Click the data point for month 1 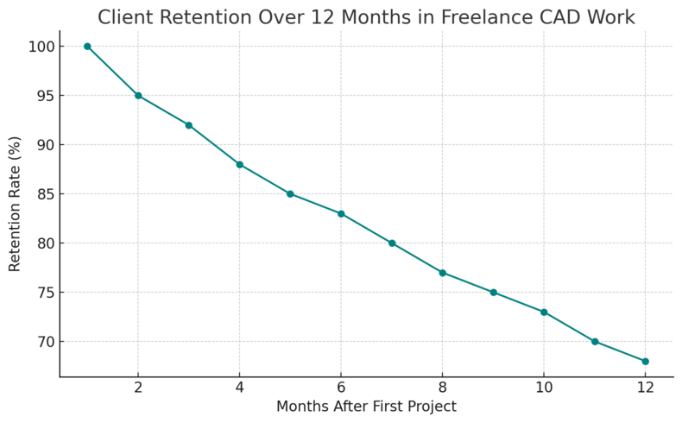[87, 46]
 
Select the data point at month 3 [189, 125]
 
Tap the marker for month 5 [290, 193]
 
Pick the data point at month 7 [392, 243]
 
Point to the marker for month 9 [493, 293]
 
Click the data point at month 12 [646, 361]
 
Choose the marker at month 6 [341, 213]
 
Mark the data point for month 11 [595, 342]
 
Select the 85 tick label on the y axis [43, 194]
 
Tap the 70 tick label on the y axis [43, 342]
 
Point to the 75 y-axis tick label [43, 293]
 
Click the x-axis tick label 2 [138, 388]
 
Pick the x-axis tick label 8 [442, 388]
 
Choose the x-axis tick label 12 [646, 388]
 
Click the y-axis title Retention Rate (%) [16, 204]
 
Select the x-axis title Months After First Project [366, 407]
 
